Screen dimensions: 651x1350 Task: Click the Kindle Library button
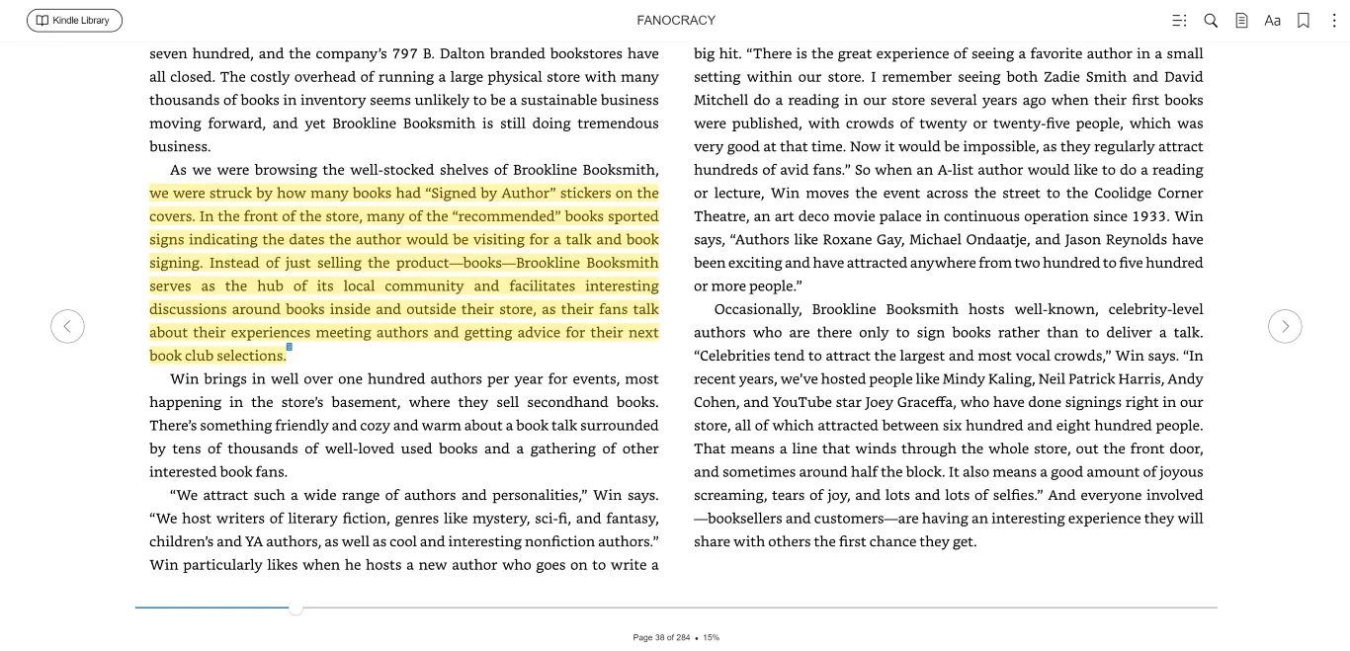[74, 21]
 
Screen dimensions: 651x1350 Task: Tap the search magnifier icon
[1211, 21]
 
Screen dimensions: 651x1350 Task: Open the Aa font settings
[1272, 21]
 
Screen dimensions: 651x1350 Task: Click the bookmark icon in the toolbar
[1304, 21]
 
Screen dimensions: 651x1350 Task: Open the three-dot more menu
[1333, 21]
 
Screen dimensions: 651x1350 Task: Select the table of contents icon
[1179, 21]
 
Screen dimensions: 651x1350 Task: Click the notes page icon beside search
[1241, 21]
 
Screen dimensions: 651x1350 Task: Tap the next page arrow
[1285, 326]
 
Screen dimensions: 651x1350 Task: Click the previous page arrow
[67, 326]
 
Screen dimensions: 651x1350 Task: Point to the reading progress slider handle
[295, 608]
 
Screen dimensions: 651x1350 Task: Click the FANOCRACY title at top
[676, 21]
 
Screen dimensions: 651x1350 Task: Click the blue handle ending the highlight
[290, 348]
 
